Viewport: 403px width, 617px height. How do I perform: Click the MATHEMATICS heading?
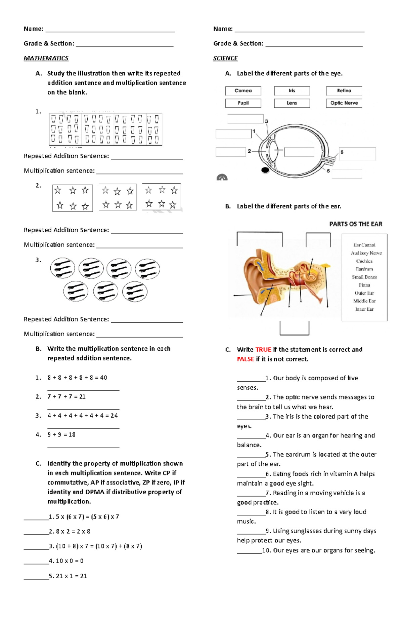tap(46, 58)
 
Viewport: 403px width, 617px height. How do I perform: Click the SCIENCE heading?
tap(225, 58)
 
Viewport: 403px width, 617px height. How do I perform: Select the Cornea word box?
tap(243, 91)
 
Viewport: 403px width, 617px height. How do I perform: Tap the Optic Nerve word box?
tap(344, 103)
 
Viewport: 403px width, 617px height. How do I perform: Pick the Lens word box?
tap(292, 103)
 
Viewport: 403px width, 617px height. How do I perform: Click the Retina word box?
tap(344, 91)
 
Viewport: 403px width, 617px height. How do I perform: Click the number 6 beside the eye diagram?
tap(342, 152)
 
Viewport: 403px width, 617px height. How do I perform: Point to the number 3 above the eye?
tap(266, 121)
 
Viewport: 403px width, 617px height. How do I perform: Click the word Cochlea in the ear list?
tap(364, 261)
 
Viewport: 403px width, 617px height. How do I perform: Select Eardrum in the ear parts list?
tap(364, 269)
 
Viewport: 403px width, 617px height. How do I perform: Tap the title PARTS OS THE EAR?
tap(356, 224)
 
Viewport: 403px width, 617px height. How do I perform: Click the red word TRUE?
tap(263, 350)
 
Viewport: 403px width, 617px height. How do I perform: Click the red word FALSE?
tap(245, 359)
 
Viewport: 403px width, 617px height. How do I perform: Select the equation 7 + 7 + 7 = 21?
tap(66, 397)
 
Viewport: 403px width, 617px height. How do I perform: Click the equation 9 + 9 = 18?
tap(61, 435)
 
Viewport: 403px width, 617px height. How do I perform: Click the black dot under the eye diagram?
tap(265, 170)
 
